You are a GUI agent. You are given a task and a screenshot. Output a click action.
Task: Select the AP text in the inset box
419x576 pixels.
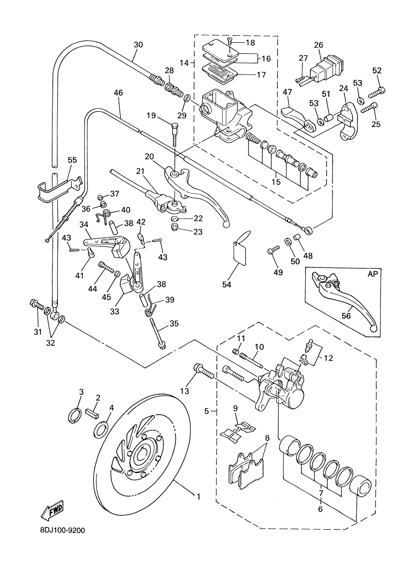click(373, 274)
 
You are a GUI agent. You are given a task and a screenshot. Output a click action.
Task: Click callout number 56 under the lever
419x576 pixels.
click(346, 316)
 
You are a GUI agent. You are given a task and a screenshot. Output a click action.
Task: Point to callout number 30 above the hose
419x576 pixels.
click(139, 45)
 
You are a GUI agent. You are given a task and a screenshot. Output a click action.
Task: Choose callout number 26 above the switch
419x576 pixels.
click(318, 45)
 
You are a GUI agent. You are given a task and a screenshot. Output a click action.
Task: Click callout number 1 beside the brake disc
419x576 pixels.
click(198, 496)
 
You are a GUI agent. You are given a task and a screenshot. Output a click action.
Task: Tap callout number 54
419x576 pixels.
click(227, 285)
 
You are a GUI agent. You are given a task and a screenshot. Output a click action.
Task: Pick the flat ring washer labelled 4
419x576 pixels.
click(102, 429)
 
